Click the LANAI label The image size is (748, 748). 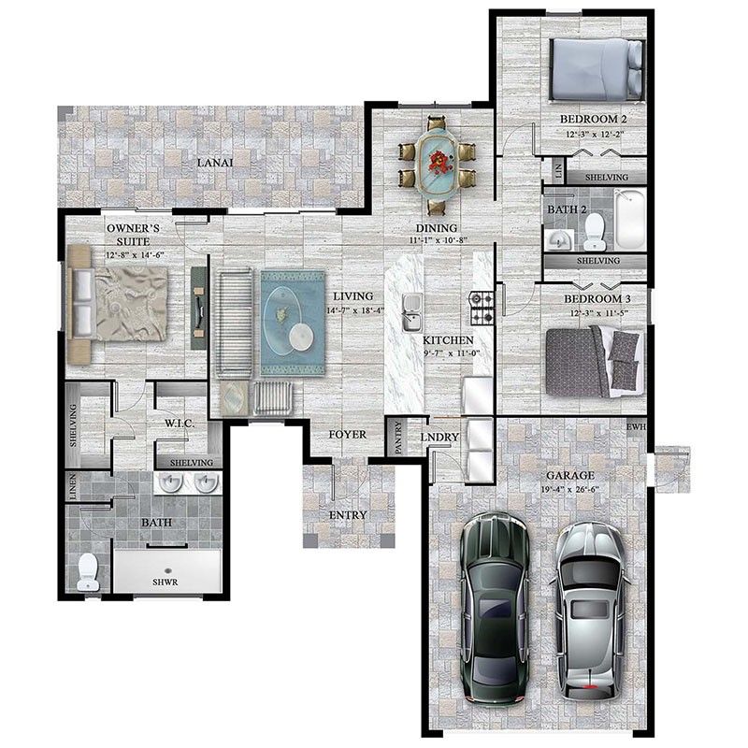click(214, 163)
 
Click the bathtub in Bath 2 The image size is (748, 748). click(628, 219)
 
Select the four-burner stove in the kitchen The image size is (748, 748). click(481, 303)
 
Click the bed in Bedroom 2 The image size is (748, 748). click(596, 68)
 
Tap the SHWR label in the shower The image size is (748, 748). click(166, 582)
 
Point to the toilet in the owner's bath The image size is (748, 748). click(88, 572)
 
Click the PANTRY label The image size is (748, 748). click(398, 438)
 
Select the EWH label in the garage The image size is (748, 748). click(637, 429)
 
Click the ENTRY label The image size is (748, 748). click(348, 515)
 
